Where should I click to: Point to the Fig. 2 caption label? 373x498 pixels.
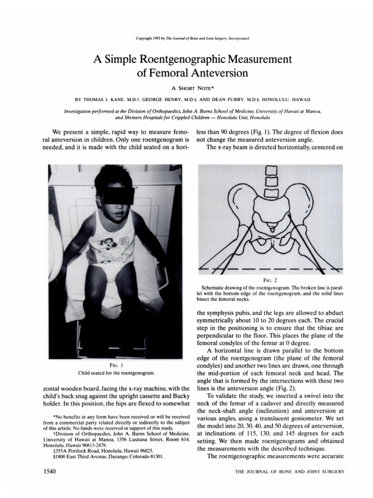[x=269, y=281]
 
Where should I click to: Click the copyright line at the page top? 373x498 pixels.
[x=186, y=37]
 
